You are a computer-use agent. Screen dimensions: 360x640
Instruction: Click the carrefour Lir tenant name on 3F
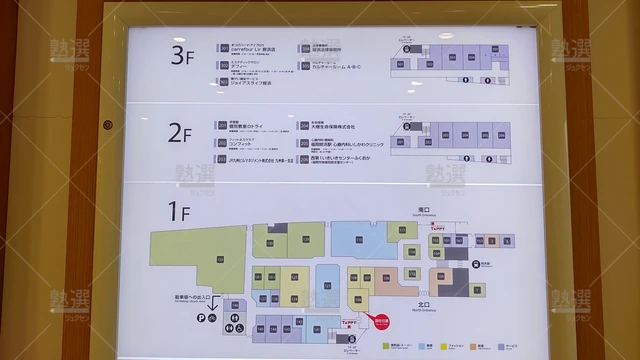point(251,48)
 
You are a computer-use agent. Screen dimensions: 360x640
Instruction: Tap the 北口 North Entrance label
point(424,302)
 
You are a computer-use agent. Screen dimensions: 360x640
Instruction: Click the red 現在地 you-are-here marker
point(381,324)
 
